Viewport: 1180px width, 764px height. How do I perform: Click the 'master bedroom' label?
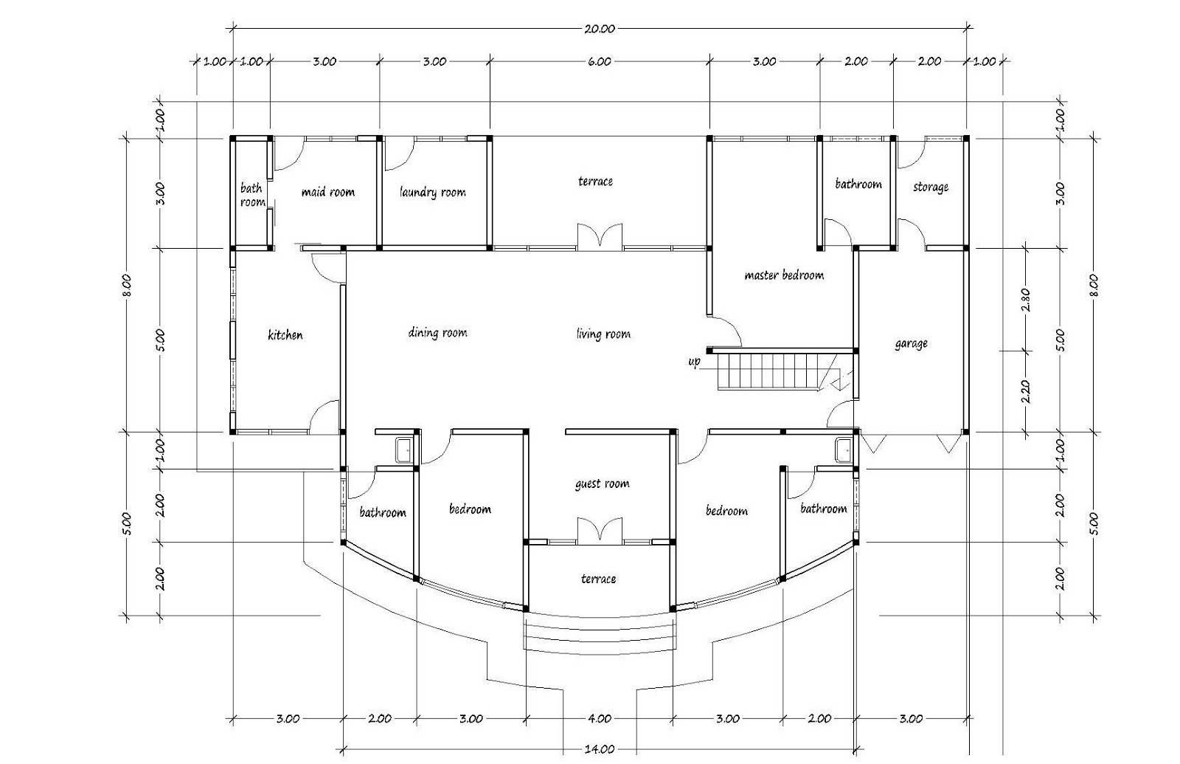pyautogui.click(x=783, y=275)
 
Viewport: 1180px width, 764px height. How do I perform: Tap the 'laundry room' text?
pyautogui.click(x=432, y=193)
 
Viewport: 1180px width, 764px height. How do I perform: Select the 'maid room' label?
pyautogui.click(x=327, y=192)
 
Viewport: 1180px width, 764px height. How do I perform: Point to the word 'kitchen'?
pyautogui.click(x=285, y=335)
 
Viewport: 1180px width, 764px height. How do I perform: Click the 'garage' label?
pyautogui.click(x=911, y=344)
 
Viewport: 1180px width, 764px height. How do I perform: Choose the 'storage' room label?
pyautogui.click(x=930, y=187)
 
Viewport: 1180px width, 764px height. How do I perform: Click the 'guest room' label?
pyautogui.click(x=602, y=484)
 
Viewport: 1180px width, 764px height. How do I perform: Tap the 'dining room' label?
pyautogui.click(x=437, y=333)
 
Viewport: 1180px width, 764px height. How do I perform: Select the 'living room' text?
pyautogui.click(x=603, y=334)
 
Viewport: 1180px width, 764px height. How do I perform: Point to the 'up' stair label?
pyautogui.click(x=694, y=362)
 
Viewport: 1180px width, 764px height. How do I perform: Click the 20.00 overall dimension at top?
pyautogui.click(x=599, y=30)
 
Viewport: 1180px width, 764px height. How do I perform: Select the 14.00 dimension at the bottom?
pyautogui.click(x=599, y=749)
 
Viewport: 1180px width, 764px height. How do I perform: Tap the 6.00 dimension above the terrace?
pyautogui.click(x=599, y=62)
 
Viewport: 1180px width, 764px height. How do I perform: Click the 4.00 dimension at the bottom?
pyautogui.click(x=599, y=718)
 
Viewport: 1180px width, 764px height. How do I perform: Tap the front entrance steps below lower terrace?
pyautogui.click(x=599, y=634)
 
